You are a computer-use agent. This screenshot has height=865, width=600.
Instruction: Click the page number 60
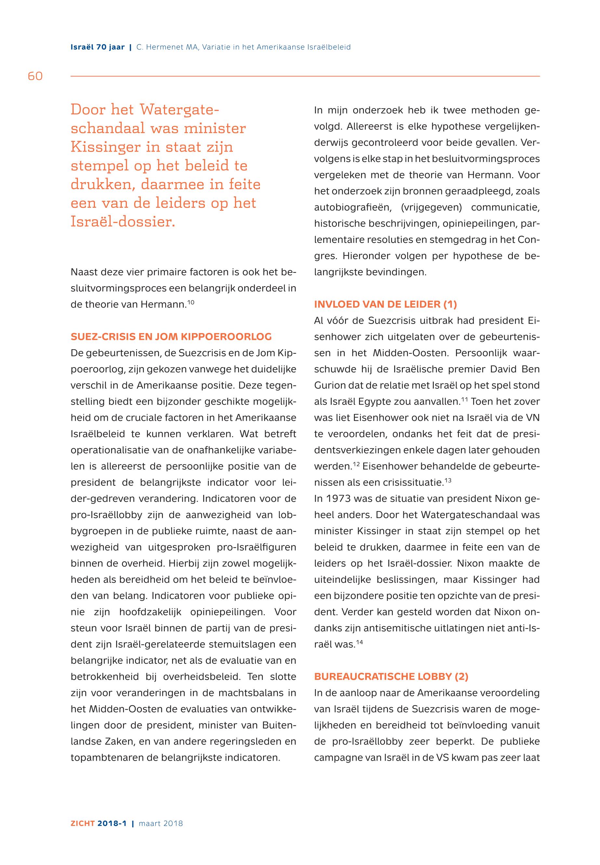click(35, 76)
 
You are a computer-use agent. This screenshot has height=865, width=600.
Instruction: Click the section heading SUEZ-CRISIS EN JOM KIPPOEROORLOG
click(171, 337)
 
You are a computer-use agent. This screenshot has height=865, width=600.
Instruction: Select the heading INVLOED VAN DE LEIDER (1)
click(385, 304)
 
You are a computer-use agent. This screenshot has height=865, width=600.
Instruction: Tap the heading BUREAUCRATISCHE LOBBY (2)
click(391, 677)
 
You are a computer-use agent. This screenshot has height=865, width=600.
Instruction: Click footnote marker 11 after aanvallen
click(465, 399)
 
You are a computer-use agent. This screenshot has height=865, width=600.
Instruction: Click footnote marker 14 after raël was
click(360, 642)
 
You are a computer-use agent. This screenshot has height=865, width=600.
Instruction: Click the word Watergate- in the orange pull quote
click(179, 110)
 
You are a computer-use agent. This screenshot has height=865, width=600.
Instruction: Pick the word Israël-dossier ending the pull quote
click(123, 222)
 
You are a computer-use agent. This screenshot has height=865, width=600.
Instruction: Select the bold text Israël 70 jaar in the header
click(97, 47)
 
